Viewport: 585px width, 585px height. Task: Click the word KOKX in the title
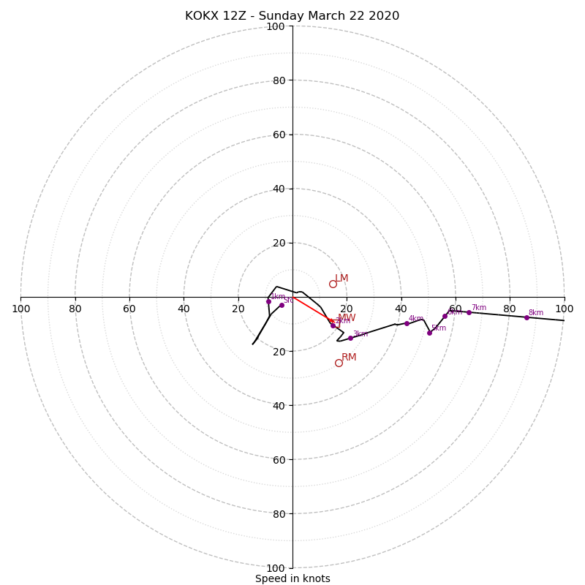[x=200, y=16]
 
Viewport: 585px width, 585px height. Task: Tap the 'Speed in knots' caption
[x=292, y=578]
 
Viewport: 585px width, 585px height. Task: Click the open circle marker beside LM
[x=333, y=284]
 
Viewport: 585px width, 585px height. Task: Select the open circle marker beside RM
[x=339, y=363]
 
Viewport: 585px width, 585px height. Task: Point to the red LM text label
[x=341, y=279]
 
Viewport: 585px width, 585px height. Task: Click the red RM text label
[x=349, y=358]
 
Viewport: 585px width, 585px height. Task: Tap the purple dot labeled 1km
[x=268, y=301]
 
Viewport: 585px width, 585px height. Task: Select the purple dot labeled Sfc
[x=282, y=305]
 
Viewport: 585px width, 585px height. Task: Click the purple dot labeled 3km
[x=350, y=338]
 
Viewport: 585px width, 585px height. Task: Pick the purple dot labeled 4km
[x=407, y=323]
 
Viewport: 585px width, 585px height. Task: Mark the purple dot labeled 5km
[x=429, y=333]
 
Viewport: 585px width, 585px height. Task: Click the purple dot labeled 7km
[x=469, y=312]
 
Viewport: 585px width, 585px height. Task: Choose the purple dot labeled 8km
[x=526, y=317]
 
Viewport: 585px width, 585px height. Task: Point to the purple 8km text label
[x=536, y=313]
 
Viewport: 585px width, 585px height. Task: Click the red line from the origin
[x=311, y=309]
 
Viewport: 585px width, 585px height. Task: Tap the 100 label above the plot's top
[x=275, y=27]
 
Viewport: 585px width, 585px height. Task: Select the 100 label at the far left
[x=20, y=309]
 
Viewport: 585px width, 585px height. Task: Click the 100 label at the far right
[x=564, y=309]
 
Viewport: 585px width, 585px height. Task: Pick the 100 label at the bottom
[x=275, y=568]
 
